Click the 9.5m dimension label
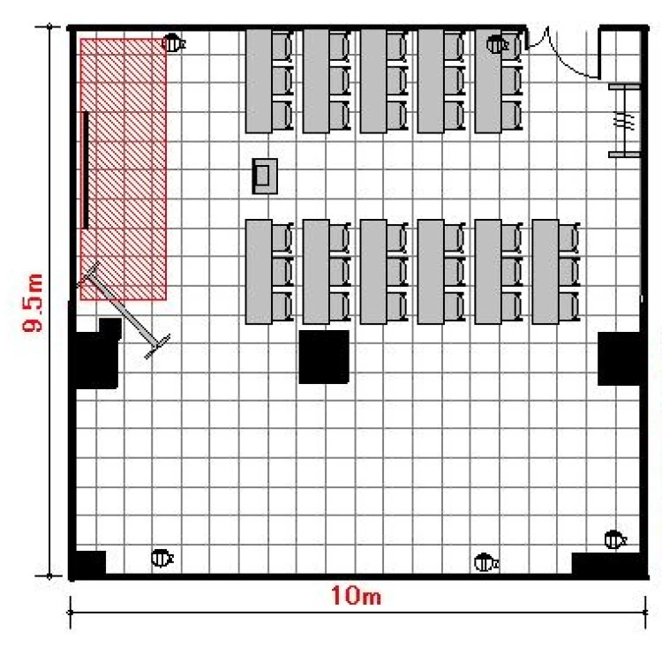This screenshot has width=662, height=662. pyautogui.click(x=33, y=302)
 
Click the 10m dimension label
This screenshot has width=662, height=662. pyautogui.click(x=356, y=596)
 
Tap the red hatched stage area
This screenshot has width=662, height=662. pyautogui.click(x=124, y=169)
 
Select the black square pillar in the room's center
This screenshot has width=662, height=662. pyautogui.click(x=324, y=357)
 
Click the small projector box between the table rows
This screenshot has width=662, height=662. pyautogui.click(x=265, y=176)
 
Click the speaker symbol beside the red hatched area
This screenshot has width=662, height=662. pyautogui.click(x=174, y=43)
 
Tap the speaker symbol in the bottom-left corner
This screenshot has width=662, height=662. pyautogui.click(x=162, y=558)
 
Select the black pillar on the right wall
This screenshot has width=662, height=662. pyautogui.click(x=621, y=358)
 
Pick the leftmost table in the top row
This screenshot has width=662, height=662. pyautogui.click(x=259, y=80)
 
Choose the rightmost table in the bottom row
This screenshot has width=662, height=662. pyautogui.click(x=545, y=272)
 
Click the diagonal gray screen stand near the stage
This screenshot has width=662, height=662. pyautogui.click(x=124, y=310)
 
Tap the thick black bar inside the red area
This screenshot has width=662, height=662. pyautogui.click(x=86, y=170)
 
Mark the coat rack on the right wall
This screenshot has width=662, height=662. pyautogui.click(x=624, y=120)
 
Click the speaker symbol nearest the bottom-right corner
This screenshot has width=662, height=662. pyautogui.click(x=615, y=539)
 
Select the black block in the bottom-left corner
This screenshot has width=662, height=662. pyautogui.click(x=88, y=564)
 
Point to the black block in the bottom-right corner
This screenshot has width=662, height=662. pyautogui.click(x=608, y=565)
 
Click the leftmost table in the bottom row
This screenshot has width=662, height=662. pyautogui.click(x=259, y=272)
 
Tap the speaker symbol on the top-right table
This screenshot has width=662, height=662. pyautogui.click(x=497, y=44)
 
